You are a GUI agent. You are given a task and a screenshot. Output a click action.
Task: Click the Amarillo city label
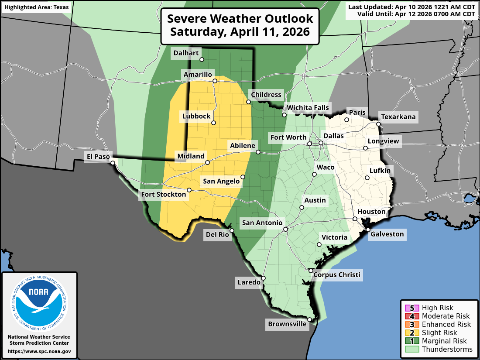click(x=198, y=75)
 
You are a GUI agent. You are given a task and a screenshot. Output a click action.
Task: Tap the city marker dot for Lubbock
click(x=214, y=123)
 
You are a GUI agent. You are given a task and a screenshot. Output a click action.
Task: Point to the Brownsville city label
click(x=287, y=324)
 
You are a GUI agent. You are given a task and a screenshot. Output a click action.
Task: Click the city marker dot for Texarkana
click(x=378, y=124)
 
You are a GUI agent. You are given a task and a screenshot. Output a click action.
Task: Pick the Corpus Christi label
click(x=337, y=274)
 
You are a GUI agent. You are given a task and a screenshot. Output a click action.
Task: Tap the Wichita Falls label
click(x=308, y=108)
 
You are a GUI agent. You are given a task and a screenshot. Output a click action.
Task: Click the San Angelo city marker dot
click(x=243, y=177)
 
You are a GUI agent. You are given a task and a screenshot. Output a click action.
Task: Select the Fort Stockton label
click(x=163, y=194)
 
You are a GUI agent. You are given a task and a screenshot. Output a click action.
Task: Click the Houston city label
click(x=371, y=212)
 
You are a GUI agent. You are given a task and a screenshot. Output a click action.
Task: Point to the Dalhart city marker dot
click(x=202, y=59)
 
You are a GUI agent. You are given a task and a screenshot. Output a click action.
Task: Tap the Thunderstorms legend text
click(x=447, y=349)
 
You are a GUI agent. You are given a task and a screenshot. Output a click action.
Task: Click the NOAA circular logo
click(x=39, y=301)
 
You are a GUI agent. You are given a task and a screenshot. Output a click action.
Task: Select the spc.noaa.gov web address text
click(x=39, y=351)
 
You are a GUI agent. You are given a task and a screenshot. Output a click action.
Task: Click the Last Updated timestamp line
click(x=411, y=7)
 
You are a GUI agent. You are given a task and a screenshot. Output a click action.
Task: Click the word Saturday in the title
click(x=196, y=32)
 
